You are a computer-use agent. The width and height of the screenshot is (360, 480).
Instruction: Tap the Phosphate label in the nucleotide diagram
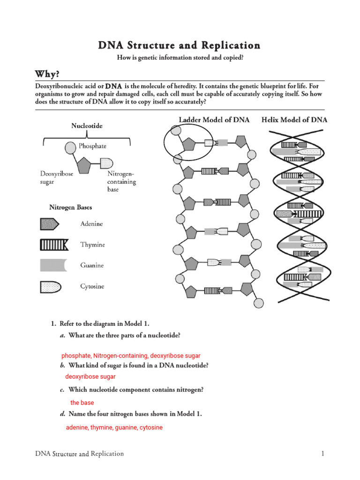point(92,146)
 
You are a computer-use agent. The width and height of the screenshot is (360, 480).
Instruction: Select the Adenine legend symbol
point(49,224)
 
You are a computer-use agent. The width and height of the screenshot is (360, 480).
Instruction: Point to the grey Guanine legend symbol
point(53,265)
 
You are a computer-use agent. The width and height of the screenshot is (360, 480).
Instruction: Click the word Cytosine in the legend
point(92,286)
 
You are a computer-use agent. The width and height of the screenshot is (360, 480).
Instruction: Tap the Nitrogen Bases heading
point(71,207)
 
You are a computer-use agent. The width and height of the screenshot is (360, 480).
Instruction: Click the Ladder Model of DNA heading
point(214,120)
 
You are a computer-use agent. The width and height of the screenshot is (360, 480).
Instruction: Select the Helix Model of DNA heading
point(294,120)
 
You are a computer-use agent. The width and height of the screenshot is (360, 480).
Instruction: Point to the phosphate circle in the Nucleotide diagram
point(70,148)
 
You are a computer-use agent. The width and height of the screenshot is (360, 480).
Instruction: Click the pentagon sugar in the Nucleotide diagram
point(84,165)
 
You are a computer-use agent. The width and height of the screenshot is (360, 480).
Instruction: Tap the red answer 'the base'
point(82,403)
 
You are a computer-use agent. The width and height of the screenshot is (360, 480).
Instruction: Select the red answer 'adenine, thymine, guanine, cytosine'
point(114,427)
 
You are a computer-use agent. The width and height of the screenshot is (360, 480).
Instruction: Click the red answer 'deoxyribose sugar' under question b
point(90,376)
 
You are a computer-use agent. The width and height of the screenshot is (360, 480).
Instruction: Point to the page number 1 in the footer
point(323,454)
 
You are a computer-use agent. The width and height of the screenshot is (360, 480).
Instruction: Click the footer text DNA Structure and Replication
point(80,454)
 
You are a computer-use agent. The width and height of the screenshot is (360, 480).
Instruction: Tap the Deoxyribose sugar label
point(57,178)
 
